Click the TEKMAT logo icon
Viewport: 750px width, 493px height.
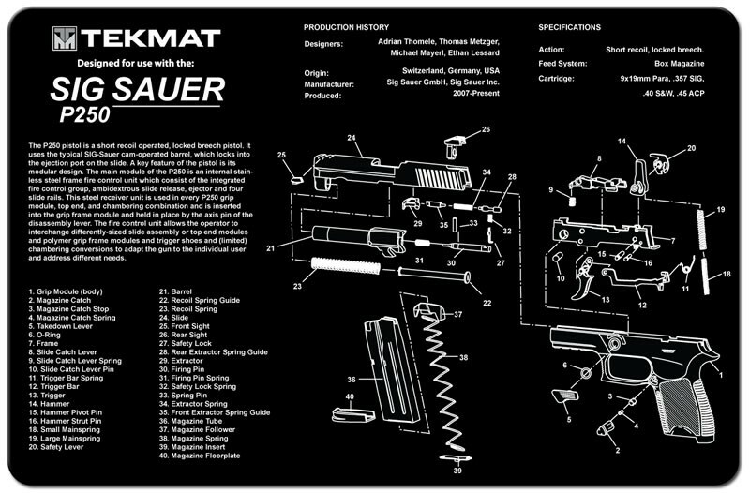(64, 38)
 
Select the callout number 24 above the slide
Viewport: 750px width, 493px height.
(352, 139)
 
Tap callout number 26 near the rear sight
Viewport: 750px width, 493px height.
(486, 129)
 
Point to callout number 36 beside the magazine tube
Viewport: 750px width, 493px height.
(352, 380)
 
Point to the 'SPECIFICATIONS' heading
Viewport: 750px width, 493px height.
(569, 27)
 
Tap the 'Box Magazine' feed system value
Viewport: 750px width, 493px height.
(675, 64)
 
